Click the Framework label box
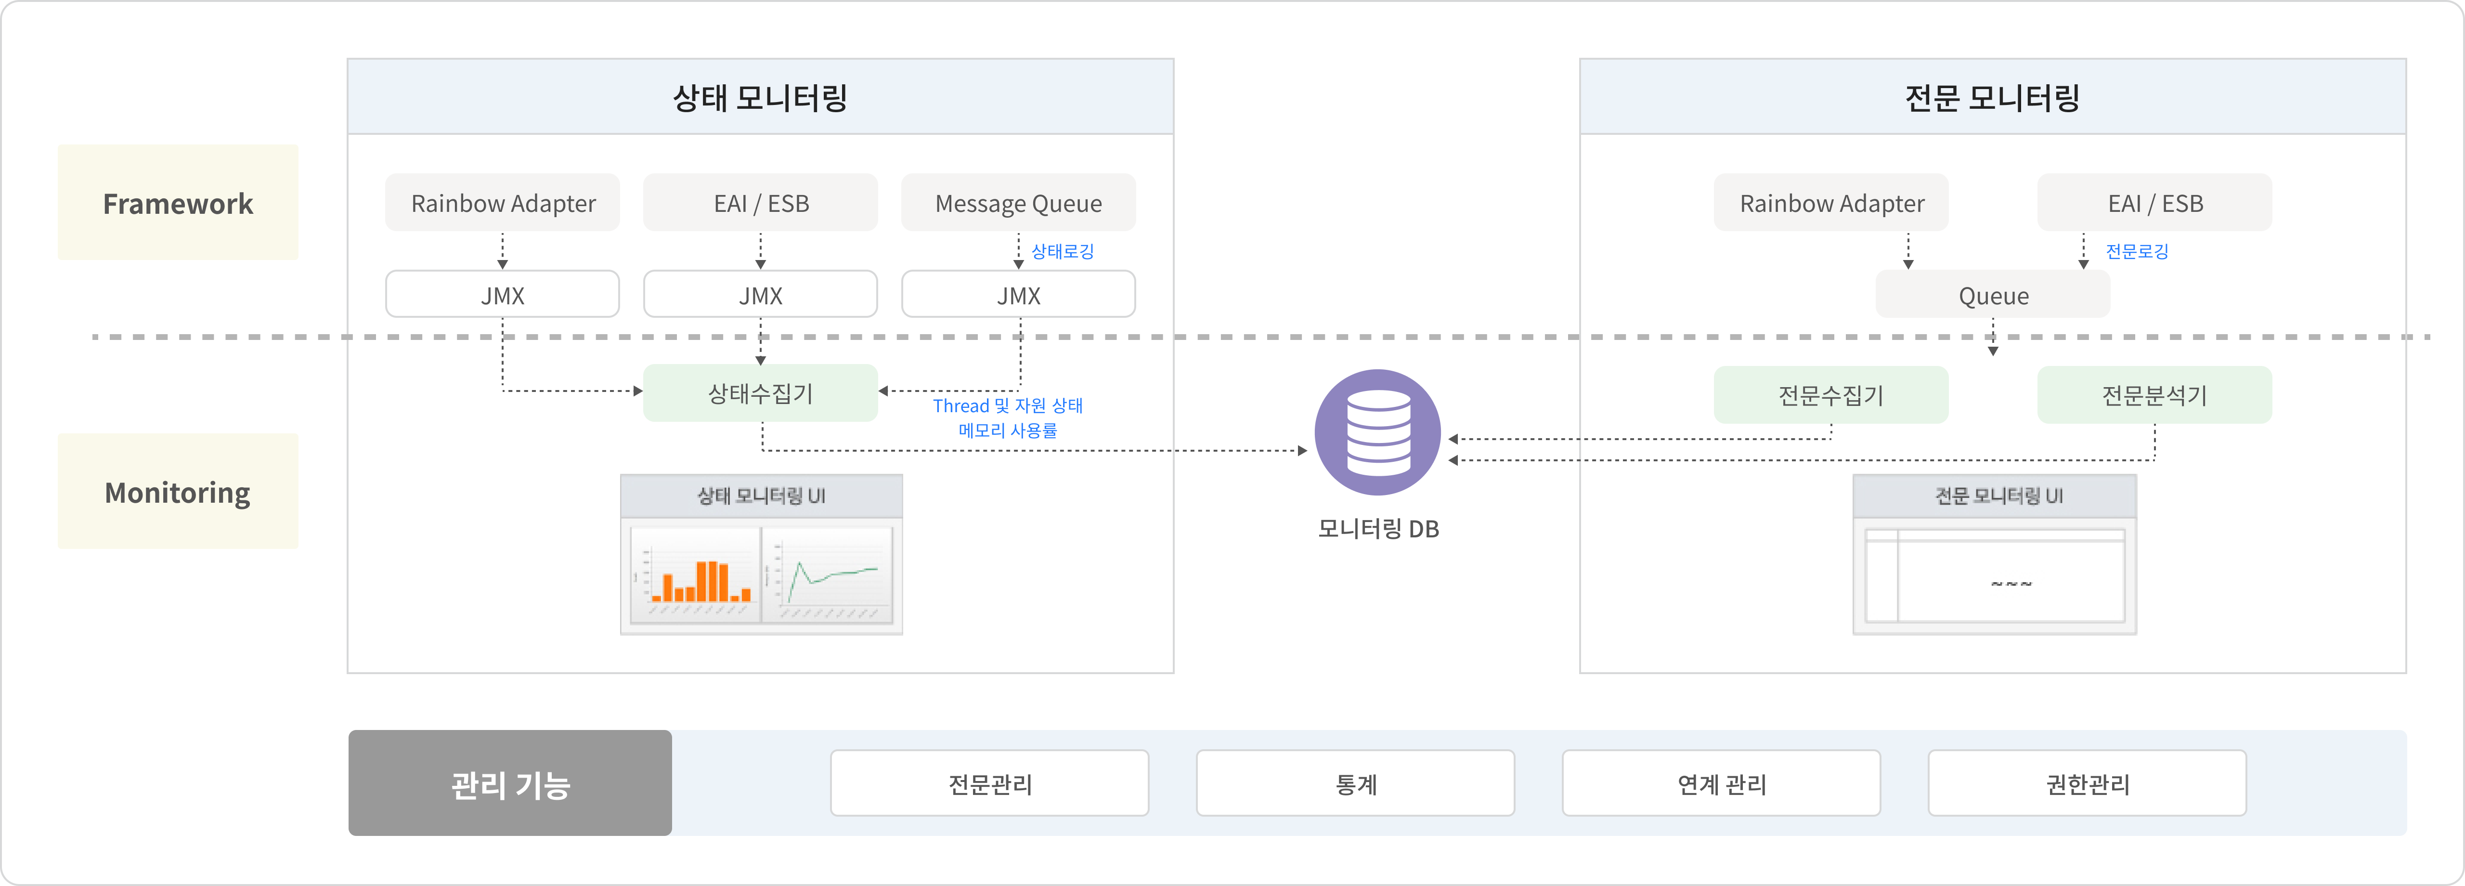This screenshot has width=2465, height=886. (178, 203)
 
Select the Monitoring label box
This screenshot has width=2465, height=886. (178, 492)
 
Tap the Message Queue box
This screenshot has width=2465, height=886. (1018, 203)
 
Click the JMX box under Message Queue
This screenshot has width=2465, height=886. (1018, 295)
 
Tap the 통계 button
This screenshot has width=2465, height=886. (1355, 783)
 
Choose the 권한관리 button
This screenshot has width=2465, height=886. (2087, 783)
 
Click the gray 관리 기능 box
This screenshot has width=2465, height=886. (510, 783)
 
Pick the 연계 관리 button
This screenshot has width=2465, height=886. (1721, 783)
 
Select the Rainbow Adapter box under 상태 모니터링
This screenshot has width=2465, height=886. (502, 203)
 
